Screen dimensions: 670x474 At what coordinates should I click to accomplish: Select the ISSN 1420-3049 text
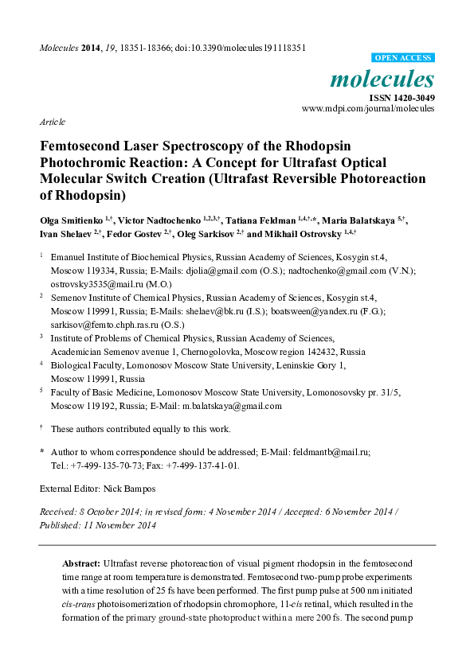click(401, 97)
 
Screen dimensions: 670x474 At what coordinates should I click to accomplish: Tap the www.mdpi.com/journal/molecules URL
click(368, 108)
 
